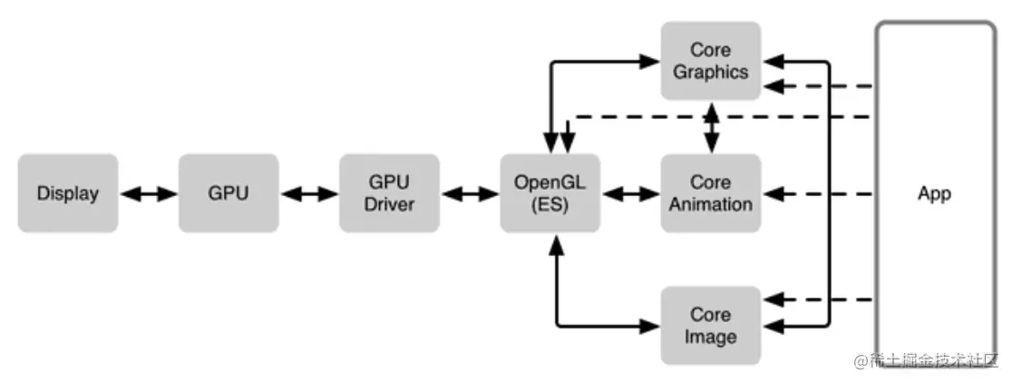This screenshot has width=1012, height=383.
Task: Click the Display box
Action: click(x=68, y=193)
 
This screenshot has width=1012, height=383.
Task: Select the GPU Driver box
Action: click(x=389, y=193)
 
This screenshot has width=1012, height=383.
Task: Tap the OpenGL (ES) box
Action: click(x=550, y=193)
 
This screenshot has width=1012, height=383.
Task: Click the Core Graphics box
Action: click(x=711, y=61)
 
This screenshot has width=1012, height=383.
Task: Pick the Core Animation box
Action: click(x=711, y=193)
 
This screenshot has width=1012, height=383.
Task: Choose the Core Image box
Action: click(x=711, y=326)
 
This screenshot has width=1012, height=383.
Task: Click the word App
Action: click(x=935, y=193)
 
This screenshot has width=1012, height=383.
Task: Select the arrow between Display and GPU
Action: click(x=149, y=193)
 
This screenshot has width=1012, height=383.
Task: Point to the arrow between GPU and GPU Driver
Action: click(x=309, y=193)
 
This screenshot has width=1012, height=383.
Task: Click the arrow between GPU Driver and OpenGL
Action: click(x=470, y=193)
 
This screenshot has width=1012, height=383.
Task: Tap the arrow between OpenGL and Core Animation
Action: click(x=630, y=193)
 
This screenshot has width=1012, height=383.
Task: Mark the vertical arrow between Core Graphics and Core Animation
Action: click(x=711, y=127)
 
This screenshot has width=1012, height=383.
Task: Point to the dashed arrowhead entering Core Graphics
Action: click(x=774, y=86)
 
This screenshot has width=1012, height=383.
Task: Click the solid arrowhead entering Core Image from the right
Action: click(x=774, y=326)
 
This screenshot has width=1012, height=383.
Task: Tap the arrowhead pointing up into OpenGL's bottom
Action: click(x=557, y=245)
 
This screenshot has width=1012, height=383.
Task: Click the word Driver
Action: click(x=389, y=205)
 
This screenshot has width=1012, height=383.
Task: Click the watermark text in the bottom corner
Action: click(x=926, y=360)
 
